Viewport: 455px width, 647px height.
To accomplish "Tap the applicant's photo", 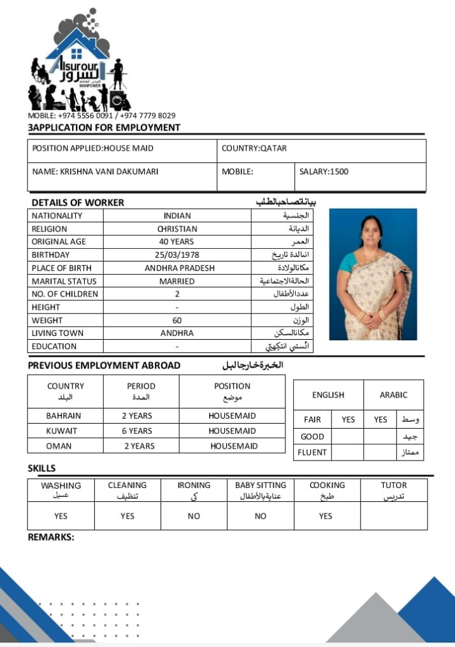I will (373, 274).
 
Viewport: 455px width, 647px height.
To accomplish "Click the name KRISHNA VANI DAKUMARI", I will (96, 171).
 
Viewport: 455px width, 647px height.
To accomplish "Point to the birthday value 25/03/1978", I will (177, 254).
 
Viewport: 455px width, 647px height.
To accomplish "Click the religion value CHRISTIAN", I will (177, 228).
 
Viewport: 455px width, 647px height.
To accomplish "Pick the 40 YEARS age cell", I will (177, 242).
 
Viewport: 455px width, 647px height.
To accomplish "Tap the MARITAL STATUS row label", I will (64, 281).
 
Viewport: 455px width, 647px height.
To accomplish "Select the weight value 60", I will (177, 321).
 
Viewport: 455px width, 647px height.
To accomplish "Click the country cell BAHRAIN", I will (64, 416).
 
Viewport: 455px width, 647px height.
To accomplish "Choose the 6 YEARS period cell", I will (137, 431).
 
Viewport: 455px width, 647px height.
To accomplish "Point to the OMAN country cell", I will (59, 446).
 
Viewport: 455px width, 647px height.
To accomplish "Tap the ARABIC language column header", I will (393, 395).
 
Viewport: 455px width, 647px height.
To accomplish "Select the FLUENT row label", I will (312, 452).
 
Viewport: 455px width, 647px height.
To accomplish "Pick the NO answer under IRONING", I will (194, 516).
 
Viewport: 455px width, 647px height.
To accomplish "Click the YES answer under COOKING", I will (326, 516).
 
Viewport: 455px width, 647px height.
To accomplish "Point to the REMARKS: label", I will (51, 537).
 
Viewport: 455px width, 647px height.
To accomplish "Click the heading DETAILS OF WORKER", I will (78, 202).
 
